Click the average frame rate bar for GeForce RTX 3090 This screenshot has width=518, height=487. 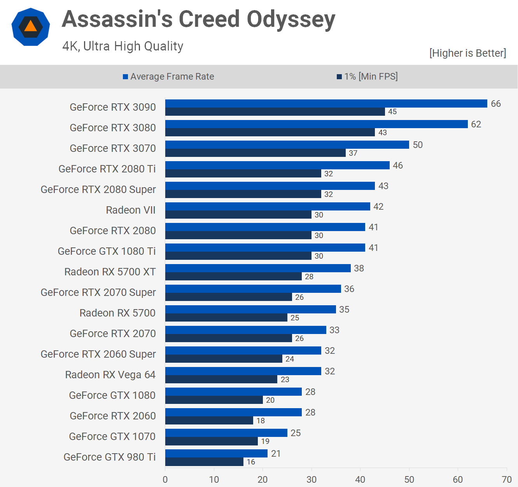[326, 103]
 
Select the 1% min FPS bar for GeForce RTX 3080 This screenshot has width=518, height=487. [270, 132]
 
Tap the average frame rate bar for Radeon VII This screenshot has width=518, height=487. [268, 206]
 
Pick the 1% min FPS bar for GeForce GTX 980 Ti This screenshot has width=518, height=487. [204, 462]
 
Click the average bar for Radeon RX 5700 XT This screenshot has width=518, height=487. [258, 268]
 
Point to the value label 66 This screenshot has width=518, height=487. [496, 104]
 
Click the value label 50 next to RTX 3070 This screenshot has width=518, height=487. [418, 145]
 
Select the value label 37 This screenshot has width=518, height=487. [353, 153]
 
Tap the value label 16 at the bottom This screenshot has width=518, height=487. [251, 462]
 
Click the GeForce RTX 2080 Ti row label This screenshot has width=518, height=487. [107, 169]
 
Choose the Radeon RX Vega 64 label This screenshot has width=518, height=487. [110, 375]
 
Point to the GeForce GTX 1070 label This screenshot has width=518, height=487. [112, 437]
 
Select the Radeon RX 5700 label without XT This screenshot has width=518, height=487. [117, 313]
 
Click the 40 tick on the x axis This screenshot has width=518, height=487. [360, 480]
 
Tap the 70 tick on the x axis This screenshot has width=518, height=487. [507, 480]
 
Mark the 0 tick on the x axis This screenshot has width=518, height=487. [165, 480]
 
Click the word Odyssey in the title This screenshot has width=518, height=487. [291, 19]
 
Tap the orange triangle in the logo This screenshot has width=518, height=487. [30, 26]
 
